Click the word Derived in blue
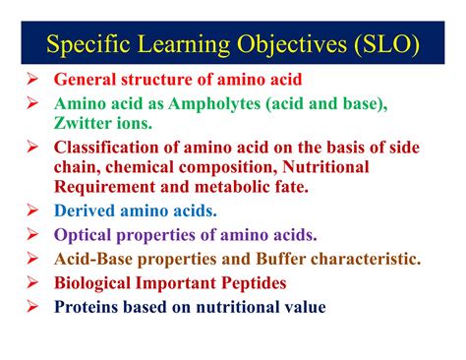[x=86, y=210]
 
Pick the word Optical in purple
[x=85, y=235]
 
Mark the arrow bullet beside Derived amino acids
[x=32, y=210]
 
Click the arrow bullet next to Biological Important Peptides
[x=32, y=283]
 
